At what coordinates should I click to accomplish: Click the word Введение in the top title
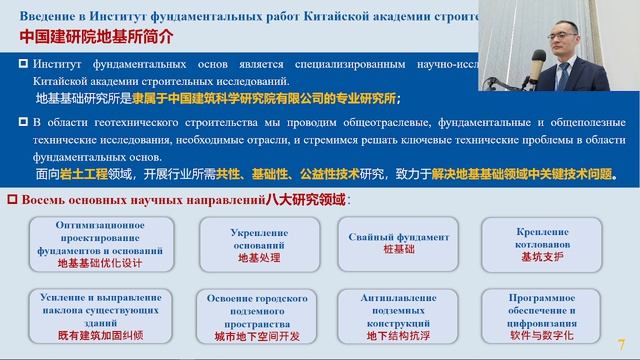[44, 12]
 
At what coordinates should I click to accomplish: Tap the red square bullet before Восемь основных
[13, 201]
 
